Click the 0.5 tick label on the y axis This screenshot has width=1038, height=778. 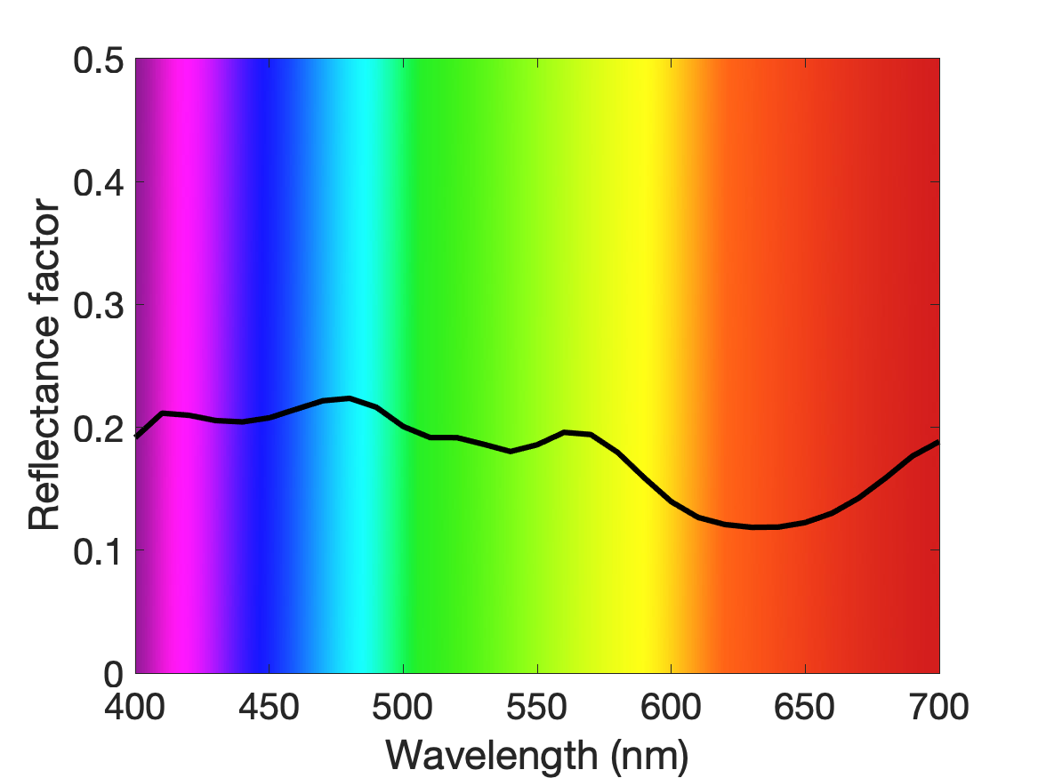pyautogui.click(x=99, y=60)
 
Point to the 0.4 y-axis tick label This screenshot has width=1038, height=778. pyautogui.click(x=99, y=183)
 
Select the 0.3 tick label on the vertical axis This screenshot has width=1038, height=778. pyautogui.click(x=99, y=306)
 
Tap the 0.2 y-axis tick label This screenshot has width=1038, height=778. pyautogui.click(x=99, y=429)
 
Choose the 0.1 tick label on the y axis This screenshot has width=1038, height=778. pyautogui.click(x=99, y=551)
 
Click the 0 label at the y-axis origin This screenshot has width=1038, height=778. pyautogui.click(x=114, y=674)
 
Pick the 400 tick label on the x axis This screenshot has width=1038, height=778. pyautogui.click(x=135, y=707)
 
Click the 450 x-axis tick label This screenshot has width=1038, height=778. pyautogui.click(x=269, y=707)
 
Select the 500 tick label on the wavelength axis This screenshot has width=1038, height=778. pyautogui.click(x=403, y=707)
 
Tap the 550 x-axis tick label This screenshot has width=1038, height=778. pyautogui.click(x=537, y=707)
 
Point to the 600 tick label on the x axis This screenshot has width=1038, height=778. pyautogui.click(x=671, y=707)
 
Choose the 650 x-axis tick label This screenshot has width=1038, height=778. pyautogui.click(x=804, y=707)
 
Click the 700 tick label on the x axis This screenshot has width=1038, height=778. pyautogui.click(x=938, y=707)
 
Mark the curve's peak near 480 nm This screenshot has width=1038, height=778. pyautogui.click(x=350, y=397)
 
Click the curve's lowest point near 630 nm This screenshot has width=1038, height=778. pyautogui.click(x=754, y=527)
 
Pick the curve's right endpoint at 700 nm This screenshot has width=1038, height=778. pyautogui.click(x=938, y=442)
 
